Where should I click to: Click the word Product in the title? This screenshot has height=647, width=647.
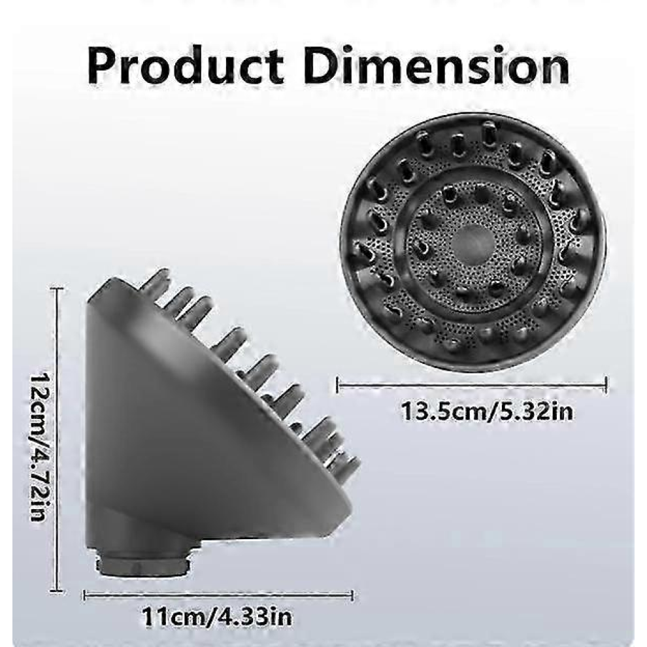[x=185, y=65]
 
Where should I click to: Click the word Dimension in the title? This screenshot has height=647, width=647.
[x=437, y=65]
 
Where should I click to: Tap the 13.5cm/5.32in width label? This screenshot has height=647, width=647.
[x=487, y=411]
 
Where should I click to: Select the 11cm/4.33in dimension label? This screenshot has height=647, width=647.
[x=217, y=617]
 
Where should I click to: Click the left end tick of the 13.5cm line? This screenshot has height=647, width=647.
[x=337, y=385]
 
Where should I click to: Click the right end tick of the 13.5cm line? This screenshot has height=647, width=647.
[x=606, y=385]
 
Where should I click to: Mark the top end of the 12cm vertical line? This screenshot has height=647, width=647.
[x=57, y=289]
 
